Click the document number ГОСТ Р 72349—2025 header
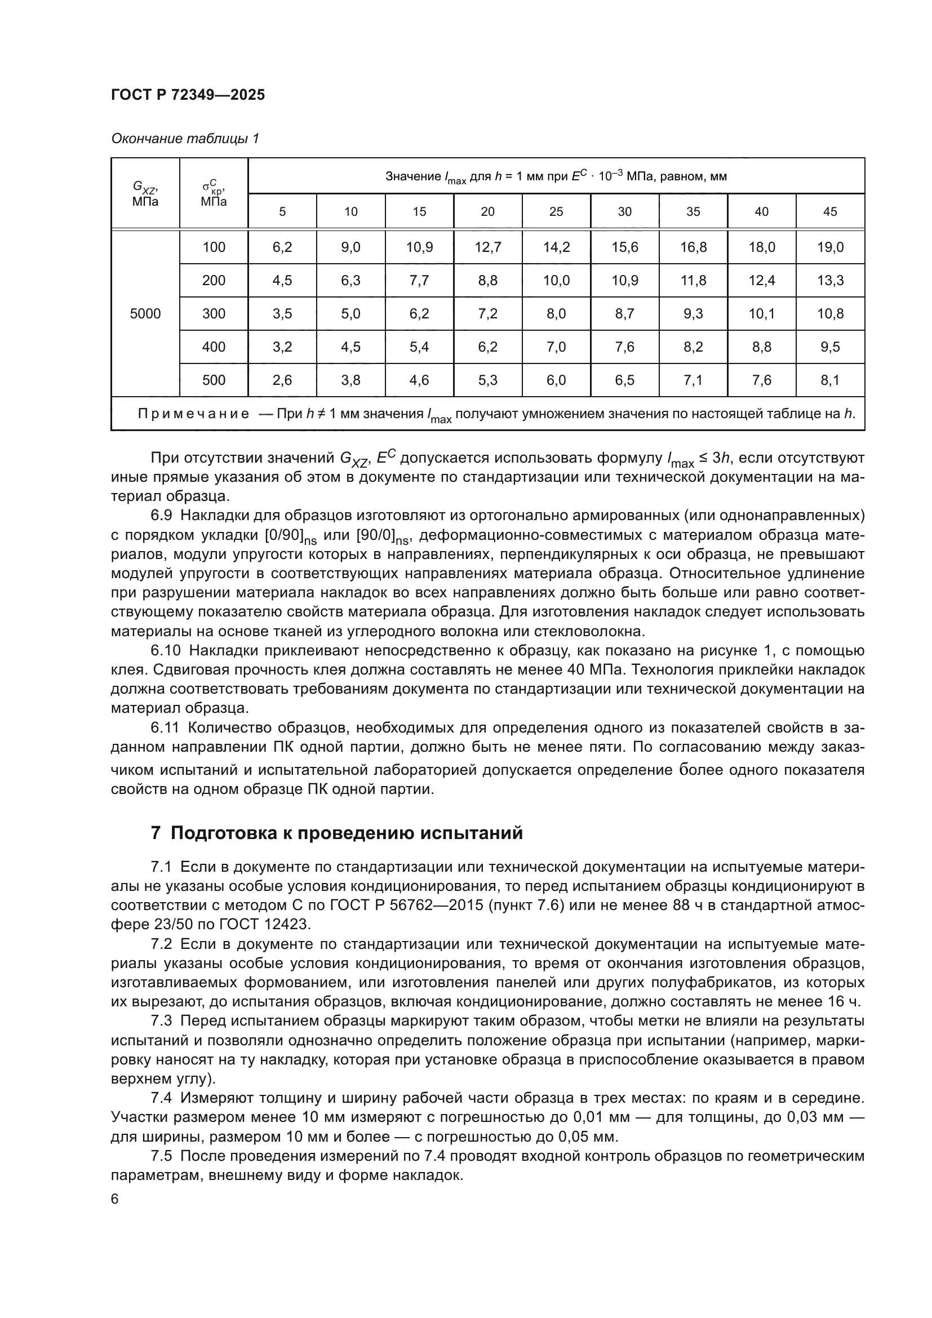pos(188,95)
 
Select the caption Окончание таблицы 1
pos(185,139)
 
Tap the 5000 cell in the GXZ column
pos(145,313)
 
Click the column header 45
pos(830,211)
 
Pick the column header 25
pos(556,211)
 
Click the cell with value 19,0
pos(830,247)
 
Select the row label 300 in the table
pos(214,313)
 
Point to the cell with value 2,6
pos(282,380)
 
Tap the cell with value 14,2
pos(556,247)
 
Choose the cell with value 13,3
pos(830,281)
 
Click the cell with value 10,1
pos(762,313)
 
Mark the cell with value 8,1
pos(830,380)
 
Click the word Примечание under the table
pos(193,414)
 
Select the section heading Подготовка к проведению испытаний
pos(347,832)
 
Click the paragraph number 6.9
pos(162,516)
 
